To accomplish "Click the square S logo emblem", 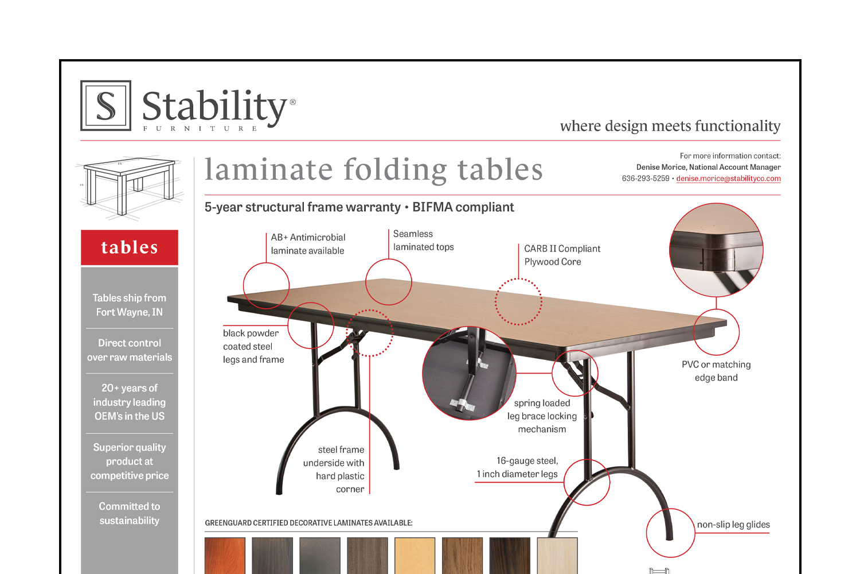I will pyautogui.click(x=106, y=106).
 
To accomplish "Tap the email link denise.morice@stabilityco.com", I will pyautogui.click(x=728, y=179).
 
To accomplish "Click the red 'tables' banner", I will pyautogui.click(x=130, y=247).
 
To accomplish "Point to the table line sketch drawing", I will pyautogui.click(x=129, y=187).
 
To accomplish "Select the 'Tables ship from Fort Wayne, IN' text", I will pyautogui.click(x=130, y=305).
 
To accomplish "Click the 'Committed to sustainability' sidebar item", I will pyautogui.click(x=130, y=513).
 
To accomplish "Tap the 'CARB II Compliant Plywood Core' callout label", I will pyautogui.click(x=562, y=255).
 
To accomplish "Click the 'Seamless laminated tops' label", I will pyautogui.click(x=423, y=241).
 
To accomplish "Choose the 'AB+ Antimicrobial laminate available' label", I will pyautogui.click(x=308, y=244).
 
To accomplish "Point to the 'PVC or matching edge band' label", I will pyautogui.click(x=716, y=371).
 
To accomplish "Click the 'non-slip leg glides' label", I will pyautogui.click(x=733, y=525).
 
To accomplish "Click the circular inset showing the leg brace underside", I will pyautogui.click(x=469, y=373).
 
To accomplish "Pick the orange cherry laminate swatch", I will pyautogui.click(x=225, y=556).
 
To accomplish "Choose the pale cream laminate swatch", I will pyautogui.click(x=557, y=556).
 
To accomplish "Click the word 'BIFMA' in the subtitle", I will pyautogui.click(x=433, y=207).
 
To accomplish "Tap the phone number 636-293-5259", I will pyautogui.click(x=646, y=179).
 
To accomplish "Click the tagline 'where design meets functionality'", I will pyautogui.click(x=670, y=126).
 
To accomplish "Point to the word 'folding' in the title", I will pyautogui.click(x=395, y=170).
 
